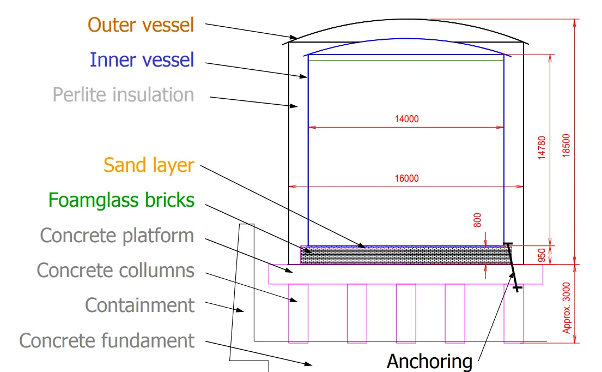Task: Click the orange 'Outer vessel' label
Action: [141, 25]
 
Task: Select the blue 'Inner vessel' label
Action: [142, 60]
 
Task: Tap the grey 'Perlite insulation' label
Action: [123, 94]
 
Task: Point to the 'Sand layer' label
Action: [149, 166]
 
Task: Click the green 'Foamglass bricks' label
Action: [121, 200]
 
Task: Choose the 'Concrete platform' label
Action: [117, 236]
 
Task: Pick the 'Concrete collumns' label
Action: [115, 270]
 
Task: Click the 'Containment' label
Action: [140, 305]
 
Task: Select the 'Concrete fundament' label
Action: [107, 340]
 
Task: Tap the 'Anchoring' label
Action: [430, 361]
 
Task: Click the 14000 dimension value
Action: [406, 119]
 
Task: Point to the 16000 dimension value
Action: [406, 178]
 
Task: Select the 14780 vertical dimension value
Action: [542, 148]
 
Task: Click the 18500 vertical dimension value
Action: [566, 145]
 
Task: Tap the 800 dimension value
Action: [477, 220]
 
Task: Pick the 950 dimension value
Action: [542, 255]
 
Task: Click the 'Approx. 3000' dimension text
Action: [566, 308]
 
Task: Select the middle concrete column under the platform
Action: [406, 313]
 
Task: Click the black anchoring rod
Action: [512, 267]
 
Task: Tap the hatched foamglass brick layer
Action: [406, 256]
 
